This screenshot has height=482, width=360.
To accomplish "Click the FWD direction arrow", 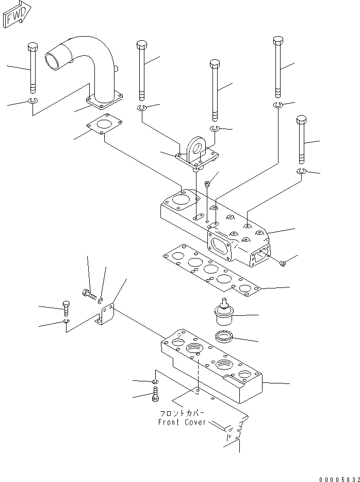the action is (x=17, y=14).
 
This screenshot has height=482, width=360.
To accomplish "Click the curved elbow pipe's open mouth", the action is (x=52, y=60).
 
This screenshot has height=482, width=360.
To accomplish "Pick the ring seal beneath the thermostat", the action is (x=224, y=336).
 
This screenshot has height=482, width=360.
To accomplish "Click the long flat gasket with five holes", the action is (x=211, y=270).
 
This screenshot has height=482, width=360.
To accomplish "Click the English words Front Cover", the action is (x=182, y=422).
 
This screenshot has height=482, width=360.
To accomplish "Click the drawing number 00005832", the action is (x=339, y=479).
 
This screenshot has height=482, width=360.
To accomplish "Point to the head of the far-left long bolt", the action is (x=33, y=47).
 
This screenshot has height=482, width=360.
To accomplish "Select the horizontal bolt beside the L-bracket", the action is (x=89, y=295).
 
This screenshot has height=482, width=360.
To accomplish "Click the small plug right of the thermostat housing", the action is (x=283, y=263).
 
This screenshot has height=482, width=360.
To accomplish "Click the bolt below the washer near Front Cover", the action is (x=155, y=394).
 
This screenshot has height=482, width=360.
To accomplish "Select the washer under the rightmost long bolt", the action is (x=302, y=171).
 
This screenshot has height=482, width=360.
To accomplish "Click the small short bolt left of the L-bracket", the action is (x=66, y=308).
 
